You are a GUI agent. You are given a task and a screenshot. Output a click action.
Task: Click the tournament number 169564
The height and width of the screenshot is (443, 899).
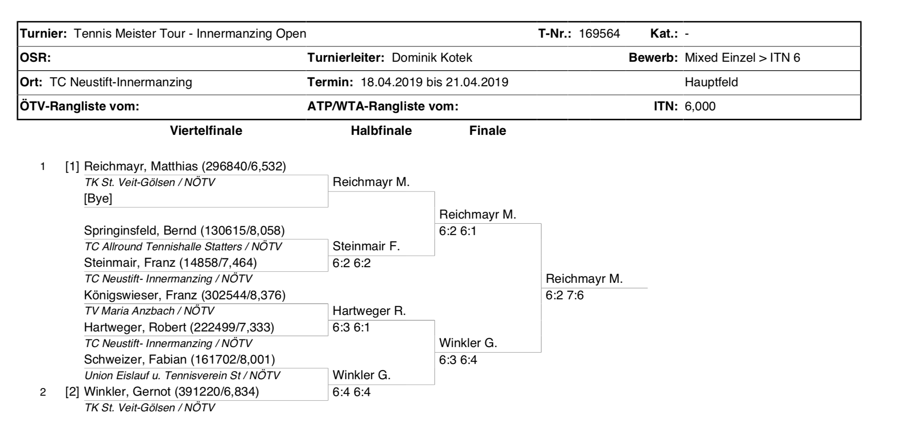pos(599,34)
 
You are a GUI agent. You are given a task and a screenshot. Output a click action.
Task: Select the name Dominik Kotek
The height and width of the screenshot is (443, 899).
pos(432,58)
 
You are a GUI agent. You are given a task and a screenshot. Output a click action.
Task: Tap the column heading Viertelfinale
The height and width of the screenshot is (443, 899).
pos(206,131)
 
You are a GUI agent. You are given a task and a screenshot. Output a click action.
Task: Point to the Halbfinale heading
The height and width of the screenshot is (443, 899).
pos(381,131)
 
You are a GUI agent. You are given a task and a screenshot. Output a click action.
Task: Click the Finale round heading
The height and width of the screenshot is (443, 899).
pos(487,131)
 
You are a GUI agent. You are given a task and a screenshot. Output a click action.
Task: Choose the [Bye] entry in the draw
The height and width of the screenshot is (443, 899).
pos(98,198)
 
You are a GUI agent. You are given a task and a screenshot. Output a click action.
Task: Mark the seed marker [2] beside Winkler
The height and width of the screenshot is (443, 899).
pos(72,392)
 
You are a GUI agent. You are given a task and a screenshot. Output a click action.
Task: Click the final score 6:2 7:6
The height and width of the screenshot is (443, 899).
pos(565,295)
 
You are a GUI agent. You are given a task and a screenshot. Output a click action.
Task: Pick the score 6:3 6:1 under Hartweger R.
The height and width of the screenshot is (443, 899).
pos(351,328)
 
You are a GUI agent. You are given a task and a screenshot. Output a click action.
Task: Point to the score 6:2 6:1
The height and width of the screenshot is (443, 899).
pos(458,231)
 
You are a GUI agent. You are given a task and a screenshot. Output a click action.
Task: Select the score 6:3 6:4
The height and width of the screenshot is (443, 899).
pos(458,360)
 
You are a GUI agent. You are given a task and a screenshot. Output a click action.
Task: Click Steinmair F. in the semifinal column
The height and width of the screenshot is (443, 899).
pos(366,246)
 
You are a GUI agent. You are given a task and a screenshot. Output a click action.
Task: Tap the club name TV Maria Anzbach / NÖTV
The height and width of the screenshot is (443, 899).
pos(149,311)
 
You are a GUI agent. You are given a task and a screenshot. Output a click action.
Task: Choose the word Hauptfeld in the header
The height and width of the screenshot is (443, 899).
pos(711,82)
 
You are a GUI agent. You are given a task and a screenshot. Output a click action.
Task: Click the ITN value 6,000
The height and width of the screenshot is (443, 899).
pos(700,106)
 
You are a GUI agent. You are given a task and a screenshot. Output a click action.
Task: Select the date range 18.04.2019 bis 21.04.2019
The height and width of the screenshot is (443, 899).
pos(434,82)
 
